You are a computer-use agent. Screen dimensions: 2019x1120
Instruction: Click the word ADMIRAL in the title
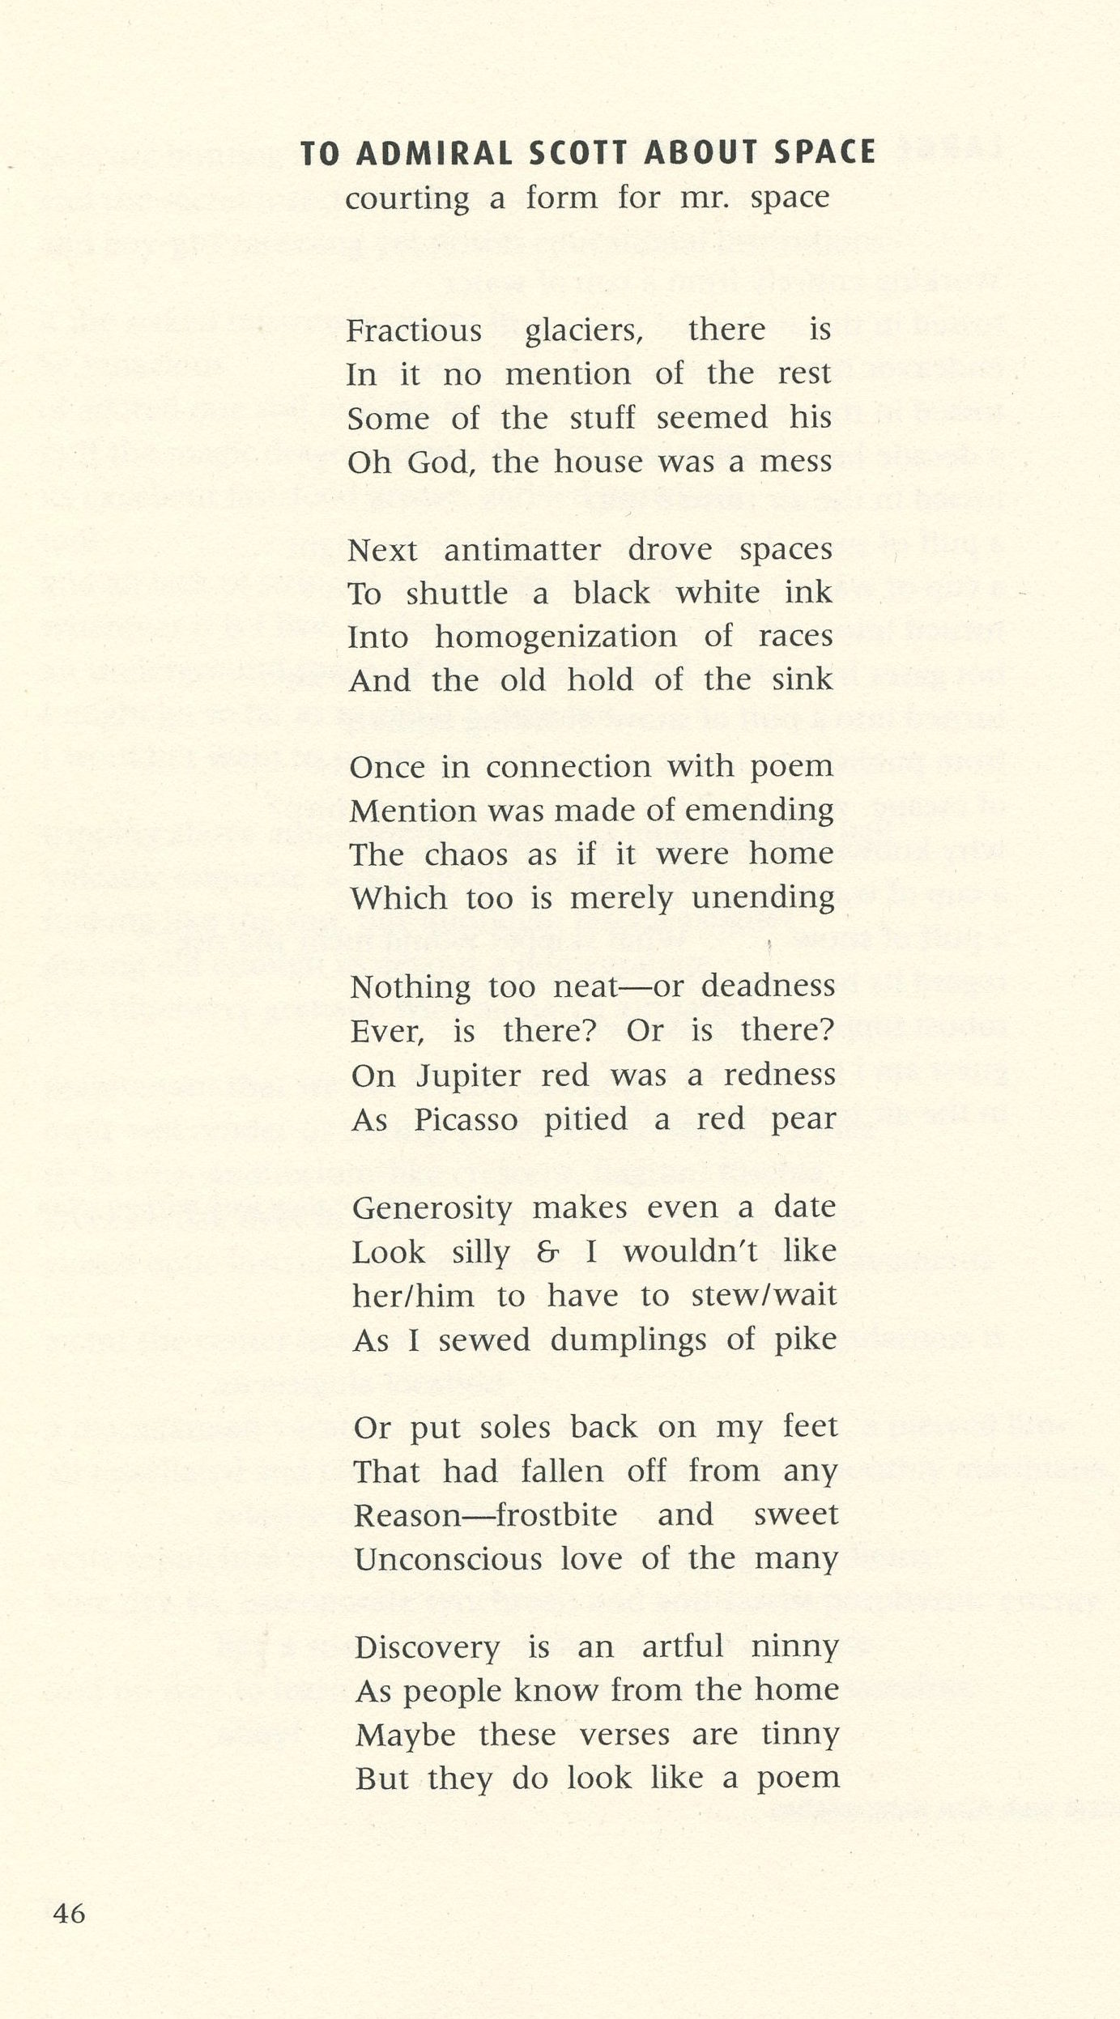(x=435, y=153)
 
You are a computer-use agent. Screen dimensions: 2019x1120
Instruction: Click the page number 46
(x=69, y=1913)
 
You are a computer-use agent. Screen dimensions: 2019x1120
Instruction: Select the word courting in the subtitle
(x=407, y=198)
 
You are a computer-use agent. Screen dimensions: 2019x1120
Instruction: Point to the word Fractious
(x=414, y=331)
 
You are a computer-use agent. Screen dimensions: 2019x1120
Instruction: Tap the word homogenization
(x=556, y=637)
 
